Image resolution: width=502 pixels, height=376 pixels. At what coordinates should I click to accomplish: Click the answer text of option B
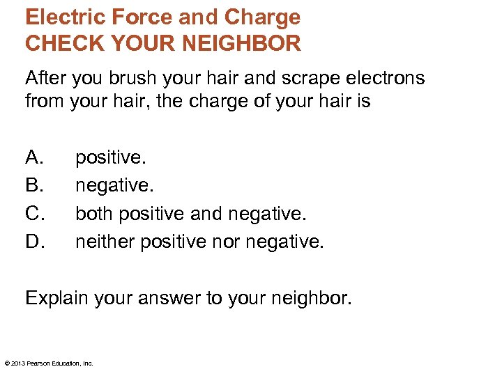pyautogui.click(x=114, y=185)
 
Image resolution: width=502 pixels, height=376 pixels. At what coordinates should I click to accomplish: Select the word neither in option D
pyautogui.click(x=105, y=241)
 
